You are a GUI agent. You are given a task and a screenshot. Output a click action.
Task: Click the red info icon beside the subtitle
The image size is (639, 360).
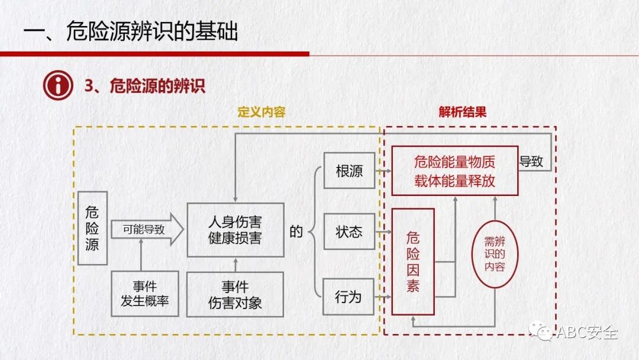[58, 86]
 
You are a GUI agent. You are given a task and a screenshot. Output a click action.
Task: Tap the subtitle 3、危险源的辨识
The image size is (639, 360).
[145, 86]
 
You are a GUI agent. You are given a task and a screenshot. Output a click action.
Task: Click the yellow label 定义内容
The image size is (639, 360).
[261, 112]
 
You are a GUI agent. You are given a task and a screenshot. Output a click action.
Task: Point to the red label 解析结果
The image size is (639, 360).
[462, 112]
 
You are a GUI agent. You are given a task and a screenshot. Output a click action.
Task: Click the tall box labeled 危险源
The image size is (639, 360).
[92, 228]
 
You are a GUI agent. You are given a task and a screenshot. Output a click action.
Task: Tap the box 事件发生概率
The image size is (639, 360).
[145, 294]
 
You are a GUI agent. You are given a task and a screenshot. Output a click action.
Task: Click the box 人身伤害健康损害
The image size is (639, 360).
[235, 230]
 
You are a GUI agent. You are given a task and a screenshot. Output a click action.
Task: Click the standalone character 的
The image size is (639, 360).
[296, 232]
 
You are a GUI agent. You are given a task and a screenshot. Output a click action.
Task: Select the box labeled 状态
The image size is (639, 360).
[348, 232]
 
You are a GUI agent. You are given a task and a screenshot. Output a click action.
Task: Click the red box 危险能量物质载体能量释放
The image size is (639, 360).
[454, 171]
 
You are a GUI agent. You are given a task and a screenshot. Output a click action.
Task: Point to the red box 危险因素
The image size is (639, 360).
[413, 262]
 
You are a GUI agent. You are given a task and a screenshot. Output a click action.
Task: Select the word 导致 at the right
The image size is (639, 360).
[531, 162]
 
